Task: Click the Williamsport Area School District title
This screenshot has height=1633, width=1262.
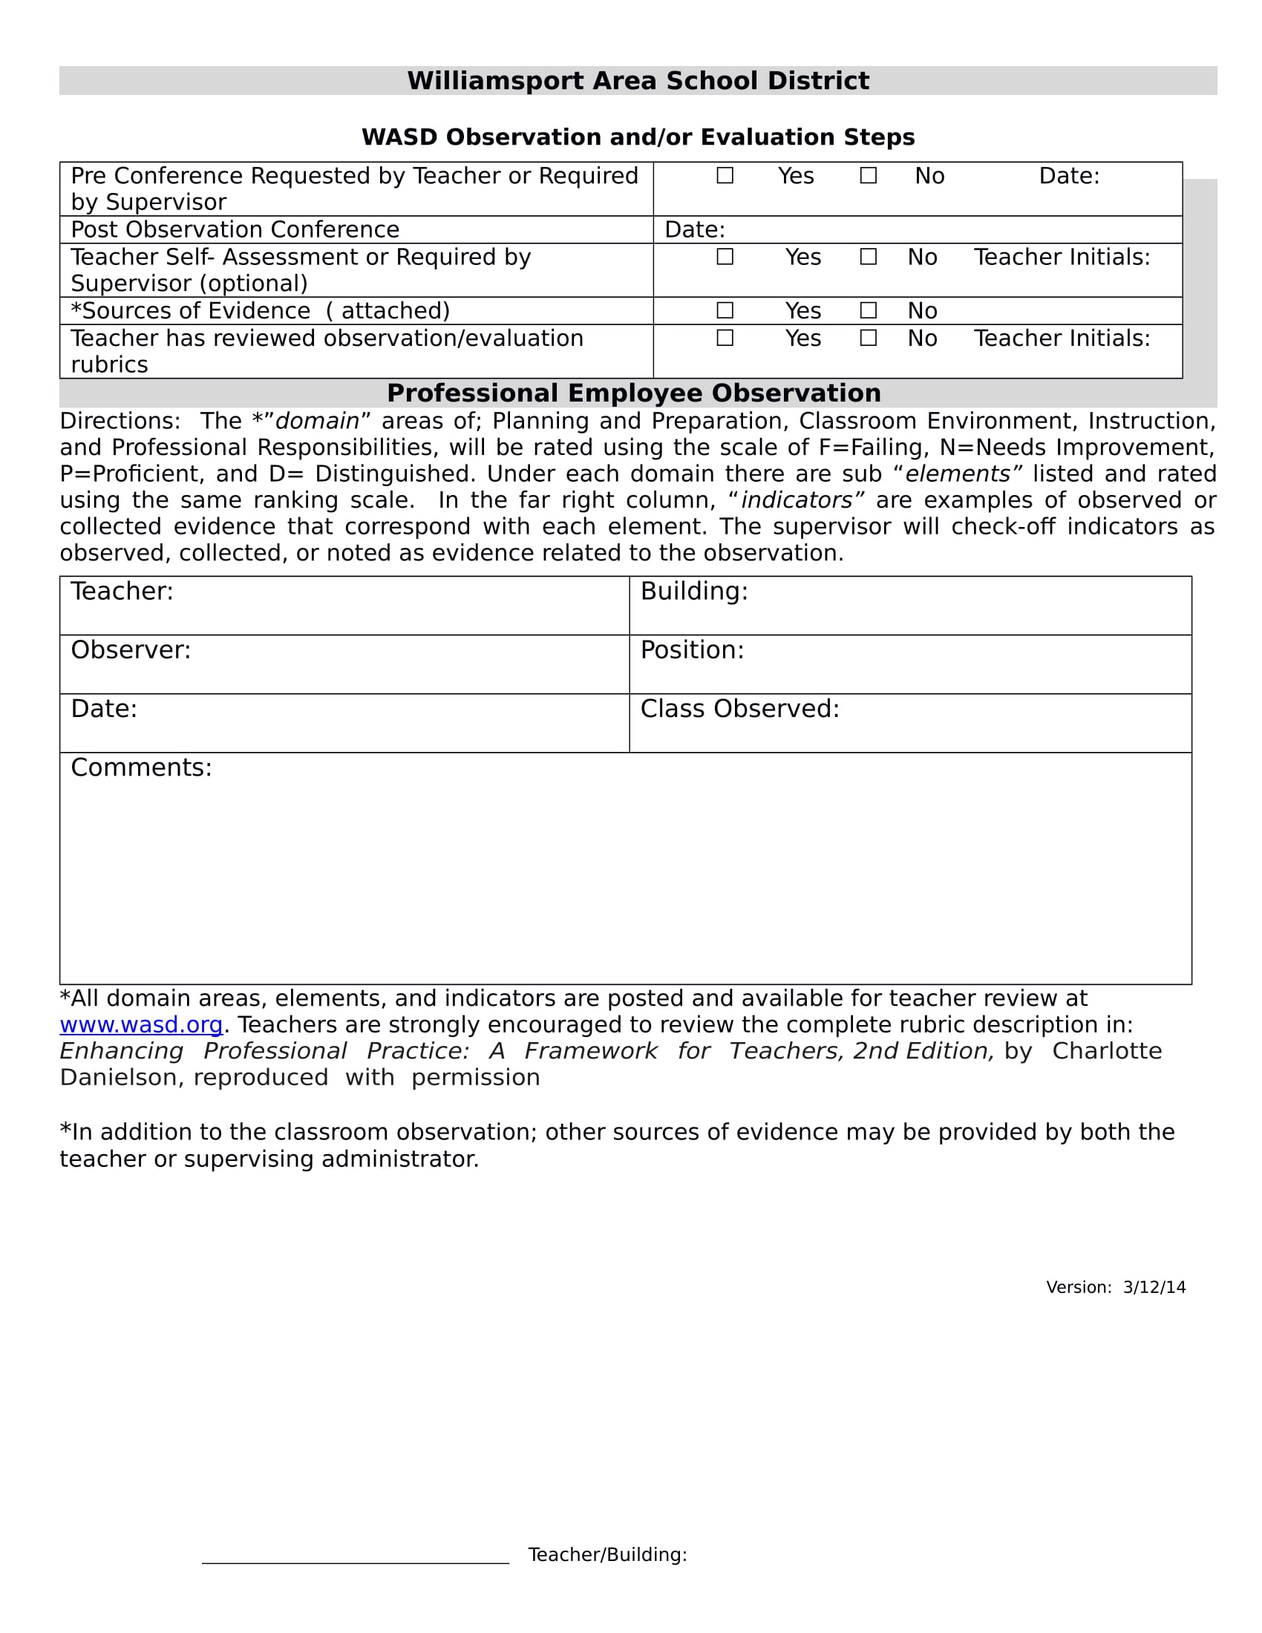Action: click(638, 81)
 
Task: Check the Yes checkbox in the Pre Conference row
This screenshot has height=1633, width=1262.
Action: click(725, 176)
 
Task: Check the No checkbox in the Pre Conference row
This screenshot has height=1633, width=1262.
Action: click(868, 176)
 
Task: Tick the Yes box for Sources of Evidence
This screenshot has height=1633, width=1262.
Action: click(725, 310)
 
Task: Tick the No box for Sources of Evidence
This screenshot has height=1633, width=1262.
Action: click(868, 310)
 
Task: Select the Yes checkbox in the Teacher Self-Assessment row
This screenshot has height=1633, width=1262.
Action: click(725, 258)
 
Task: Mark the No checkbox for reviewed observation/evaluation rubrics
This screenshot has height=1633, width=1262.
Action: click(868, 338)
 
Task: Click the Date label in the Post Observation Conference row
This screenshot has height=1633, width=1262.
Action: click(695, 229)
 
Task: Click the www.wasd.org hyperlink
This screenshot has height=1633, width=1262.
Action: click(141, 1024)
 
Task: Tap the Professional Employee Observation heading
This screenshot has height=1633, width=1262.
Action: click(633, 393)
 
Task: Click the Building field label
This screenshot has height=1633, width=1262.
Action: click(694, 592)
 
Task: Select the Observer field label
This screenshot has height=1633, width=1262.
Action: click(131, 649)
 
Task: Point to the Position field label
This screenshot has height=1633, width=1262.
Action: click(692, 649)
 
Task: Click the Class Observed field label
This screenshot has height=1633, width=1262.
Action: click(739, 709)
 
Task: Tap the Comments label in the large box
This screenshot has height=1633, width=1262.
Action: click(141, 768)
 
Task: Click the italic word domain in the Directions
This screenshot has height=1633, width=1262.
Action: click(318, 422)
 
